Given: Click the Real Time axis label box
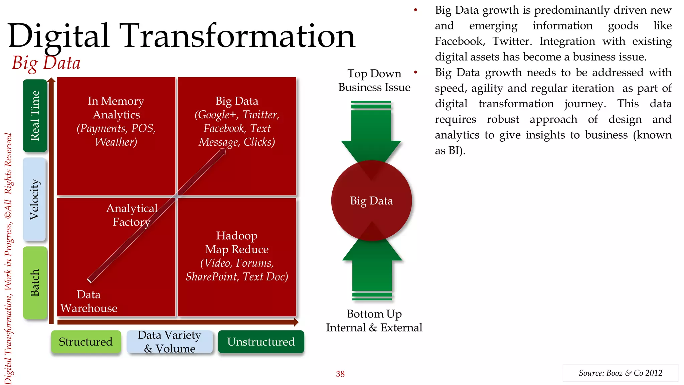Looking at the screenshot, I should (35, 116).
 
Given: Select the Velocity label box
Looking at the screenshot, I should (34, 200).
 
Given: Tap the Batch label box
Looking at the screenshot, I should (35, 283).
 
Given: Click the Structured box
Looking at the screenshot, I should (86, 342).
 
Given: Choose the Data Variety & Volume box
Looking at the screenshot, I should (170, 342).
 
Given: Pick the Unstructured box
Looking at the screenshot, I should (261, 342).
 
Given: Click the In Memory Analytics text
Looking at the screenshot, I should (116, 108).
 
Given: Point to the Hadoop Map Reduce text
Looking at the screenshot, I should (236, 242).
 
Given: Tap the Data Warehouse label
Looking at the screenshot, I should (89, 301).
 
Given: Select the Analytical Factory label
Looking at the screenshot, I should (132, 215).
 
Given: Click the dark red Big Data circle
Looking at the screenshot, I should (371, 201).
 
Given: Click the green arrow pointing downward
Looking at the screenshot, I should (371, 134).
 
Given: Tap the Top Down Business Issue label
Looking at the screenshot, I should (374, 80).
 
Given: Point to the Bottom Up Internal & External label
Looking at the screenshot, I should (374, 320).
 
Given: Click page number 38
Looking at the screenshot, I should (340, 374).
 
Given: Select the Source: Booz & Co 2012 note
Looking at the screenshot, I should (620, 373).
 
